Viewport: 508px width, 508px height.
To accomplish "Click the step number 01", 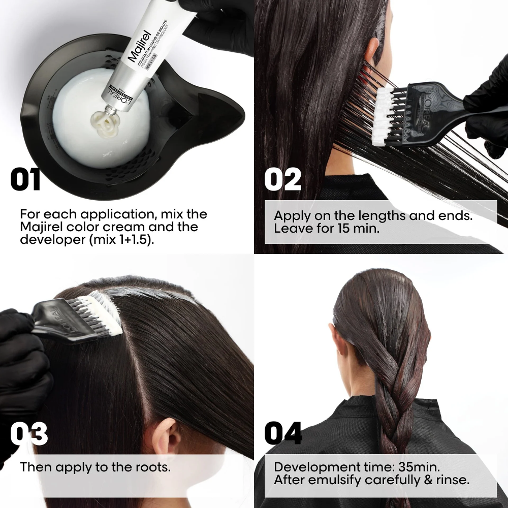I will (x=25, y=181).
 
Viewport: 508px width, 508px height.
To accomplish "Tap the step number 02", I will (x=282, y=181).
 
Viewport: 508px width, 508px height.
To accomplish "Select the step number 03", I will (x=29, y=435).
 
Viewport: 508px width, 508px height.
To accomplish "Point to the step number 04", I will (x=283, y=435).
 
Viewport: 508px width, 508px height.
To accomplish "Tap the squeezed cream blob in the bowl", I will (x=104, y=120).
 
